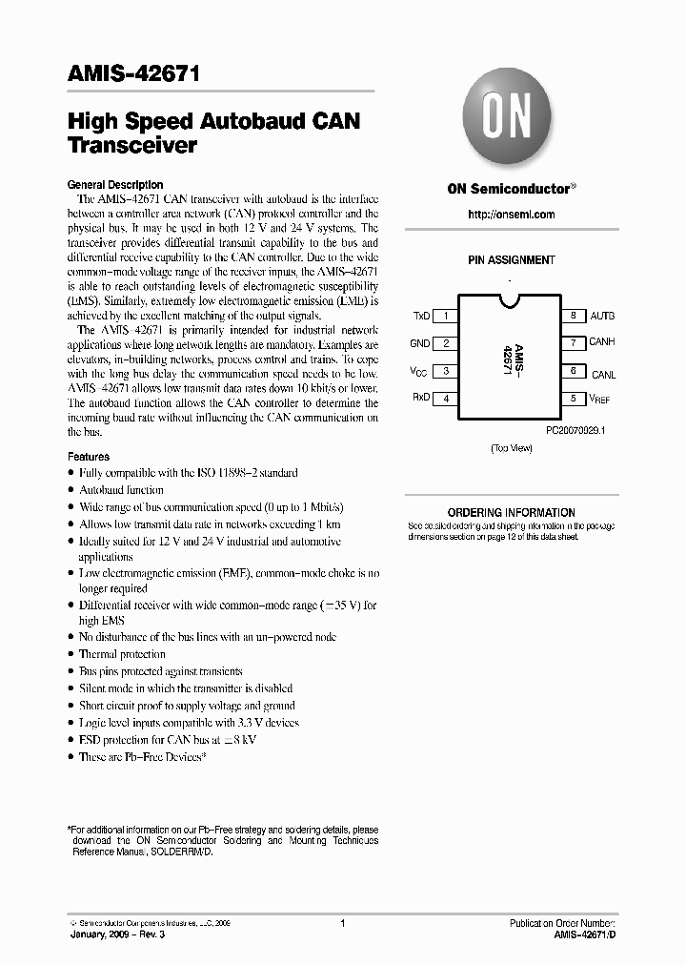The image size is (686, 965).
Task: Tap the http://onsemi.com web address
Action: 511,216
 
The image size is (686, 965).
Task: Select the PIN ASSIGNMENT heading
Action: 511,260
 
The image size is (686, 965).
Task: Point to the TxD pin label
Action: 420,316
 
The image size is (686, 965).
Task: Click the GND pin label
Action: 420,343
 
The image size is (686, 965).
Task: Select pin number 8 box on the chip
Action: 573,316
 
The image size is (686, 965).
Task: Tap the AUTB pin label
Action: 602,316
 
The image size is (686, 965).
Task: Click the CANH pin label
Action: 602,342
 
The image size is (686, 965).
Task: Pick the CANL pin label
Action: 603,374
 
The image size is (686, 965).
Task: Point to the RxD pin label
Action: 420,399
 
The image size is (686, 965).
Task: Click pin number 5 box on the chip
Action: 573,399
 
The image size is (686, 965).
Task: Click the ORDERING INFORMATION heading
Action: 511,513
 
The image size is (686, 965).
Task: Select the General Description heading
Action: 115,185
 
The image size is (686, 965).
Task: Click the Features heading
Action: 89,457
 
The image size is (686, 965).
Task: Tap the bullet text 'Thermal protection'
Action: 122,654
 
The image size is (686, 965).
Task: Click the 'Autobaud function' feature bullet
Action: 122,489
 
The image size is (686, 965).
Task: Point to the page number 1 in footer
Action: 342,924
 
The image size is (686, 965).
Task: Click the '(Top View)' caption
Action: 511,448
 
